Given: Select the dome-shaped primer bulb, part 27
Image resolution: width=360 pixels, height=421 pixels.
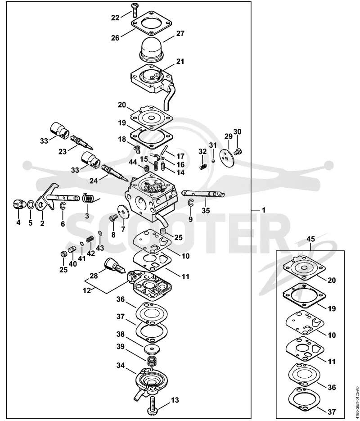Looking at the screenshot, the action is tap(152, 49).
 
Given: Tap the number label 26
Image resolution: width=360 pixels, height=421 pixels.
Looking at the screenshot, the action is tap(115, 38).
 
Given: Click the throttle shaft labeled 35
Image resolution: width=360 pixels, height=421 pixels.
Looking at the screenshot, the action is tap(203, 194).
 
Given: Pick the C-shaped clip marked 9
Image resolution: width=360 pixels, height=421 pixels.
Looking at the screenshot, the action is tap(190, 204).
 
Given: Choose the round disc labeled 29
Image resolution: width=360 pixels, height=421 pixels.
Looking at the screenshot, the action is tap(227, 156).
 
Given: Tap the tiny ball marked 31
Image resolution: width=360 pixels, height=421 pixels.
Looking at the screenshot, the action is tap(213, 161).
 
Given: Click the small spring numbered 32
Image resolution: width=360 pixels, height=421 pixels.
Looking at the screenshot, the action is tap(203, 167).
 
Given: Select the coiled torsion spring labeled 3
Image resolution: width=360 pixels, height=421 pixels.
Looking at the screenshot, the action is tap(89, 198).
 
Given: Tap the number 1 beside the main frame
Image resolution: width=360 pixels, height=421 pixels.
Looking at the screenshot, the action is tap(263, 210).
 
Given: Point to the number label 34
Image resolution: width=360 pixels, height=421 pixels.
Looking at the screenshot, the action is tap(121, 365).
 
